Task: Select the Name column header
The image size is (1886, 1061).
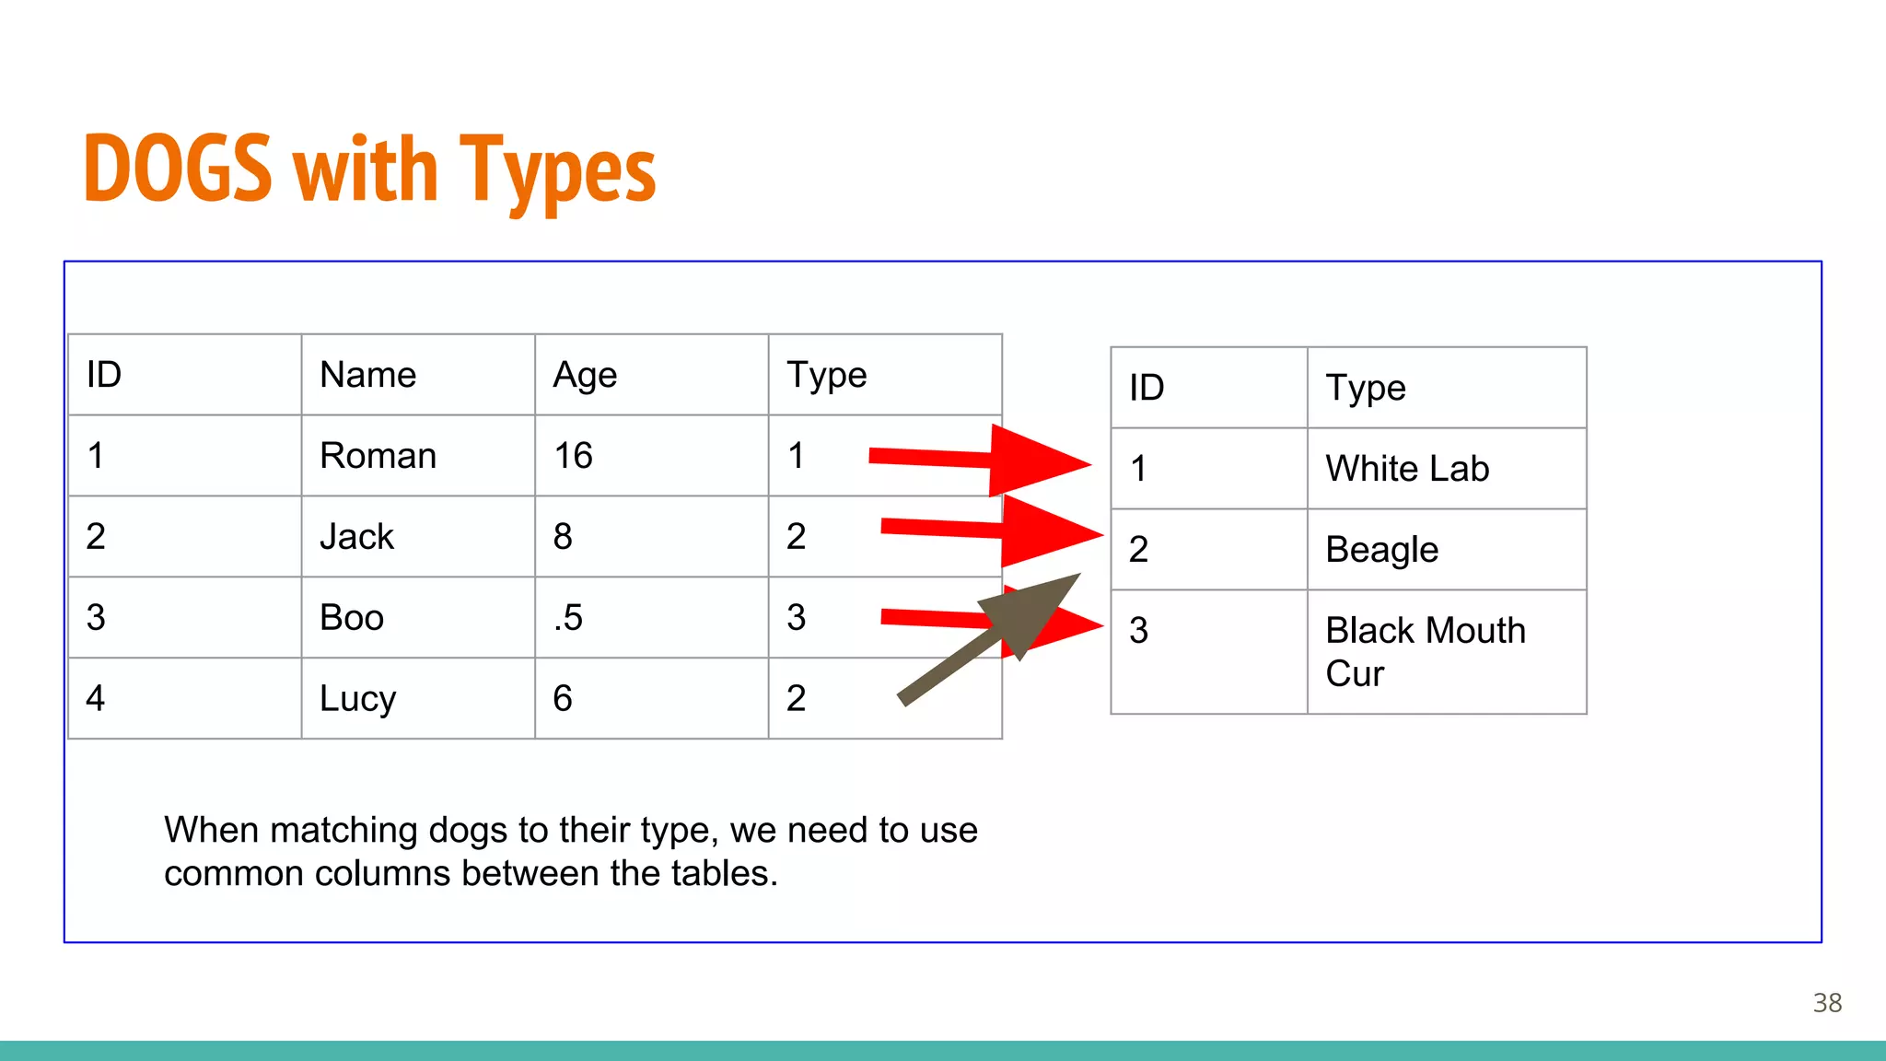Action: pos(367,375)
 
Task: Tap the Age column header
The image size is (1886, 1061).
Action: pos(585,376)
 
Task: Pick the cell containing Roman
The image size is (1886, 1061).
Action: pos(378,456)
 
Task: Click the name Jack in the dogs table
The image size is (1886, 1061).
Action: pos(356,537)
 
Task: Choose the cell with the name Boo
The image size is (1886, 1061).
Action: pos(351,617)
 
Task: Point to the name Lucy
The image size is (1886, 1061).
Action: pos(357,699)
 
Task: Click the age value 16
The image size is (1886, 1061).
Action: pos(573,456)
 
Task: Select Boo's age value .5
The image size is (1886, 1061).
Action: pos(568,618)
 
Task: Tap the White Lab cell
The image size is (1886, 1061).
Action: pos(1407,469)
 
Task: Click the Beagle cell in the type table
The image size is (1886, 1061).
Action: pos(1381,550)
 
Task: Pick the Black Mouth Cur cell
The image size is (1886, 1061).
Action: pos(1425,651)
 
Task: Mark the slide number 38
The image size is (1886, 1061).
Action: pos(1827,1003)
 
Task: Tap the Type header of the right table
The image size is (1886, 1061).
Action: pos(1365,389)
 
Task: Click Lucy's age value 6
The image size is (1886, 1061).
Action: pos(563,699)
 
